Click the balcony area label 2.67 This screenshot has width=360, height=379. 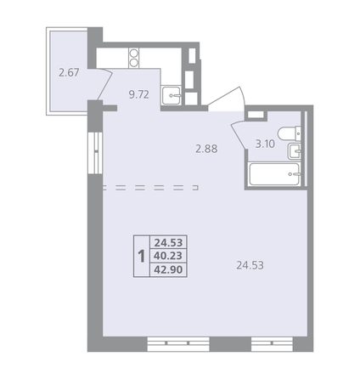tap(69, 73)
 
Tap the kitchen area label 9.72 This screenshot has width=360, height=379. tap(138, 94)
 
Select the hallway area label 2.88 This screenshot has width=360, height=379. tap(206, 149)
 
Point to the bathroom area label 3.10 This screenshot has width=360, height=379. tap(265, 144)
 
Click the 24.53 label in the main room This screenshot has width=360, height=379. tap(250, 265)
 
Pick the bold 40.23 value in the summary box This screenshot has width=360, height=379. tap(168, 256)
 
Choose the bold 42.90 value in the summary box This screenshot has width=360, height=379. tap(168, 269)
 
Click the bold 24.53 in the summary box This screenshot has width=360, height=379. tap(168, 243)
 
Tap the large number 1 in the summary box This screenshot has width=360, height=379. tap(141, 256)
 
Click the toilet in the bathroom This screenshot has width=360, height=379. tap(290, 133)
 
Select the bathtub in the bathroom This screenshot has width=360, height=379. tap(274, 174)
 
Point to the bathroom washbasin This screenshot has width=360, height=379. tap(295, 150)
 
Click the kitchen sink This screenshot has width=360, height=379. tap(172, 95)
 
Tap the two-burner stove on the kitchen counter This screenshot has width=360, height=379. tap(134, 58)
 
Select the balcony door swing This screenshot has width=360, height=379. tap(104, 85)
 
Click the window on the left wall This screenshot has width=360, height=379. tap(95, 153)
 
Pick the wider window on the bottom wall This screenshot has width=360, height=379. tap(178, 343)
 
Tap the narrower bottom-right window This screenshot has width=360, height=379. tap(272, 343)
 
